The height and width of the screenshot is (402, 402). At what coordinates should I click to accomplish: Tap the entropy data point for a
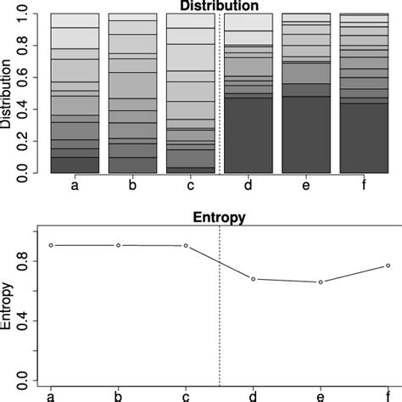52,245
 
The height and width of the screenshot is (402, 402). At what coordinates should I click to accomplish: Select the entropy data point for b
119,245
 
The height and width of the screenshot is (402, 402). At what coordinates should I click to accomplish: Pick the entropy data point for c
186,246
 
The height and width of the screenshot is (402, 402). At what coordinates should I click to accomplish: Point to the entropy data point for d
254,279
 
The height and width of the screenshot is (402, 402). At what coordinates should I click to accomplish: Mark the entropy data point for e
321,282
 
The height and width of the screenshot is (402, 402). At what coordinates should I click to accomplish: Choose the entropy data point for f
388,265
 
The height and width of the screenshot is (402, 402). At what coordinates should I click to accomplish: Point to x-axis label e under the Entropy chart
321,395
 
